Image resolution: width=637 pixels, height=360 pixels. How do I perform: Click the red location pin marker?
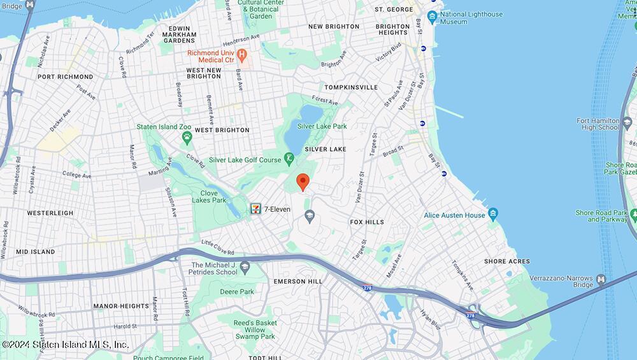[303, 181]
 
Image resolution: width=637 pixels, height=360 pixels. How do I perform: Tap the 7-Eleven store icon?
[255, 208]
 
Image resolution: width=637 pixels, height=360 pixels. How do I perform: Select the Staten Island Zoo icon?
[187, 138]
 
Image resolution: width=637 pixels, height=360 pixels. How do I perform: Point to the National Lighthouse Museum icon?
[433, 17]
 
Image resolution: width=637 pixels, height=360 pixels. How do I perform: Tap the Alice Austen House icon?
[492, 213]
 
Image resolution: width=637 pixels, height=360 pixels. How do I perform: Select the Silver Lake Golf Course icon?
[289, 158]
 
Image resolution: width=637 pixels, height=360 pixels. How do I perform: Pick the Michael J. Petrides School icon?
[245, 267]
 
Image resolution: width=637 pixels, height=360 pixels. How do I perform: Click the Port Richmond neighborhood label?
[65, 77]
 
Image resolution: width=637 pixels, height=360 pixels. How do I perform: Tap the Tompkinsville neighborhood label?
[350, 87]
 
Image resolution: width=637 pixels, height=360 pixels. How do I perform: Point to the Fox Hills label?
[367, 222]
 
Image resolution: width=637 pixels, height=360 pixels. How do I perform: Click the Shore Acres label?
[507, 261]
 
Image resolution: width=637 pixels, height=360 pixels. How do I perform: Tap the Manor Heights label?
[120, 306]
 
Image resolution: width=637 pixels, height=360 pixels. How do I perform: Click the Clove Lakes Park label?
[209, 196]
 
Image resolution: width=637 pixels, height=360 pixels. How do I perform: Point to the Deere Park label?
[237, 292]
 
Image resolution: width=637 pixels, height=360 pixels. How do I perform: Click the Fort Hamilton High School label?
[598, 124]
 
